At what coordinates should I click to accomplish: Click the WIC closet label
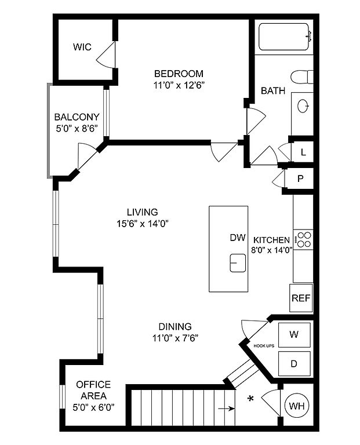82,47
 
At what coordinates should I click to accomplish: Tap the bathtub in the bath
283,37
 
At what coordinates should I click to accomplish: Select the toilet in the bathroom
302,77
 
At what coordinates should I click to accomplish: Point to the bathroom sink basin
303,106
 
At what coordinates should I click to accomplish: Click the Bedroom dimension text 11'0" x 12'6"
179,85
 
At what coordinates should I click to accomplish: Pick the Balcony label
77,117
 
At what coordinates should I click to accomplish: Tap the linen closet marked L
303,152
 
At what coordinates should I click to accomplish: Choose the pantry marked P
300,178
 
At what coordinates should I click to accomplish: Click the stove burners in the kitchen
304,239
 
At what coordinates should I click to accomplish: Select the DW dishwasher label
238,238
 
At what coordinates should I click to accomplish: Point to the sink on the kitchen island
238,263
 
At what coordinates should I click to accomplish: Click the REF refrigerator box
301,298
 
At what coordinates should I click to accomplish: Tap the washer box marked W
294,335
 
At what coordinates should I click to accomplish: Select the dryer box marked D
294,363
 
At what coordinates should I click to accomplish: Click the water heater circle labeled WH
297,406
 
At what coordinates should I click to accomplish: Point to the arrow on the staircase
226,408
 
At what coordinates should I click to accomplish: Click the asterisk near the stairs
250,399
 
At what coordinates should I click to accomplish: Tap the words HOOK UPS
264,346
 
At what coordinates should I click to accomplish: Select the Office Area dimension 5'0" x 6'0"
93,407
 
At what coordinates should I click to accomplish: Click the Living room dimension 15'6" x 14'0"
143,224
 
